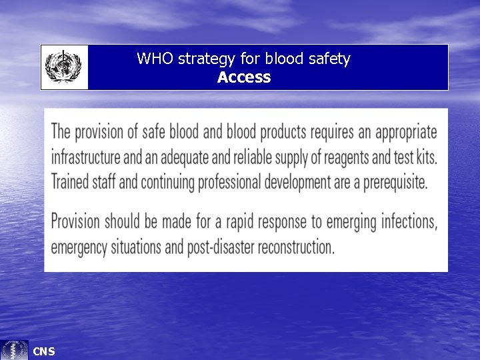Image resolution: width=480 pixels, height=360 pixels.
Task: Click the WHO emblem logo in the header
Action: coord(63,67)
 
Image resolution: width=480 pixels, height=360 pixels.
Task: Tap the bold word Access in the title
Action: coord(244,77)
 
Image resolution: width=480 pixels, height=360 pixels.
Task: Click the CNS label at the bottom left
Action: coord(44,351)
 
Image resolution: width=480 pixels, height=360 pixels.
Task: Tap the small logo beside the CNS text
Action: coord(15,350)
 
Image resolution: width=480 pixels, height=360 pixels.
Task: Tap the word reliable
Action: coord(253,157)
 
